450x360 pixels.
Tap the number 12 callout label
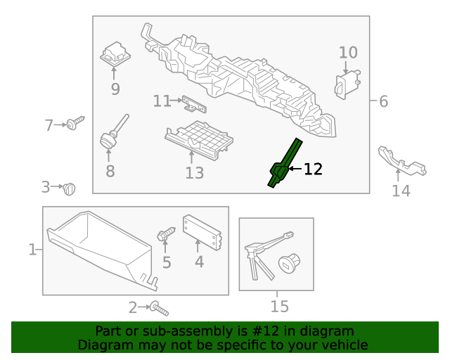(x=313, y=169)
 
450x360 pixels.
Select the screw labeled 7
(x=75, y=123)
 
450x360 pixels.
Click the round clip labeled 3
(x=69, y=189)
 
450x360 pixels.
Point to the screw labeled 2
(x=160, y=309)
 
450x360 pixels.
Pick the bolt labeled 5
(x=166, y=233)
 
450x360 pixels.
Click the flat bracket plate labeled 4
(x=202, y=233)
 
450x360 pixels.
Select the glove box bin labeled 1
(x=103, y=250)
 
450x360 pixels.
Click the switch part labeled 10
(x=347, y=84)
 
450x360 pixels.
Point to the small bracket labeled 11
(x=194, y=105)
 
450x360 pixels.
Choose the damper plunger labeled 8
(x=112, y=133)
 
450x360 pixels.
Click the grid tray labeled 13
(x=199, y=139)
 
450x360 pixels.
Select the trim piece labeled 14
(x=401, y=161)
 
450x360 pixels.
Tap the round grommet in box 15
(x=289, y=263)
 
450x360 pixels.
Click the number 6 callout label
(x=383, y=101)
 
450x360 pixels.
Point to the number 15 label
(x=280, y=307)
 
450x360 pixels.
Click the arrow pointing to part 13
(x=191, y=157)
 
